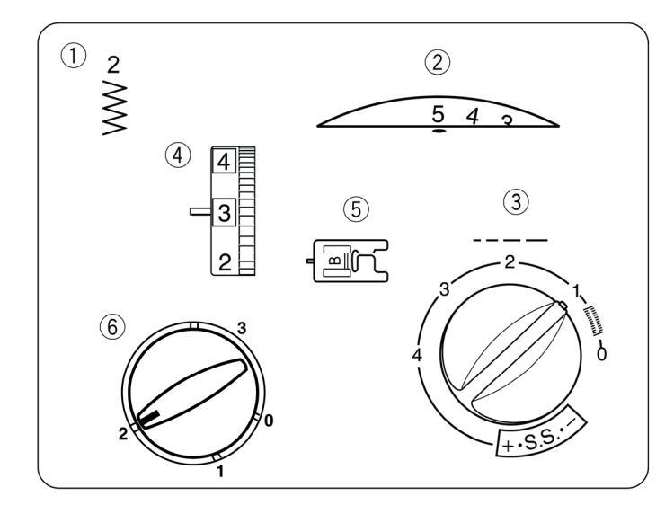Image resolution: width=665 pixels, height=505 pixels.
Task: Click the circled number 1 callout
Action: point(80,55)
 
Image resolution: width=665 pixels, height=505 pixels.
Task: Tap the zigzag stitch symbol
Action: point(116,106)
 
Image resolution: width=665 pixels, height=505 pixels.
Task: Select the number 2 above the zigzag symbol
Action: point(113,64)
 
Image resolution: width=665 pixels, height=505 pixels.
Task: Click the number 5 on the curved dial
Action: point(438,114)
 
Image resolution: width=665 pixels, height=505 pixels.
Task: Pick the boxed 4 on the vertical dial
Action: point(222,163)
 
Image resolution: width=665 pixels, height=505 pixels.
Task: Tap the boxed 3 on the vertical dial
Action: point(224,213)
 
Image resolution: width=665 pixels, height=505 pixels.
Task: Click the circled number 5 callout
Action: point(356,209)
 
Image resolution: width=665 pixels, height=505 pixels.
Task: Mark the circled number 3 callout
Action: point(514,203)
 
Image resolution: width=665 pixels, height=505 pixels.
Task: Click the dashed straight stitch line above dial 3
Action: point(510,241)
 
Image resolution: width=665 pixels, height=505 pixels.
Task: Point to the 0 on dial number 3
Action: point(600,353)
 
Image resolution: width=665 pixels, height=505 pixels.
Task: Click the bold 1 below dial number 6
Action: point(220,471)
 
